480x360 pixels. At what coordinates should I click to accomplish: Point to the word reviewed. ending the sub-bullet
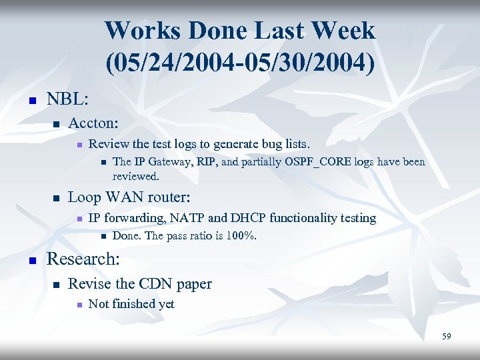point(136,176)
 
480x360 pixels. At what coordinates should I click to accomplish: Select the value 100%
point(243,235)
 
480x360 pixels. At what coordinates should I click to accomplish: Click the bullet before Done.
point(103,236)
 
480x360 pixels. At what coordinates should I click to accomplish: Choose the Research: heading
point(83,258)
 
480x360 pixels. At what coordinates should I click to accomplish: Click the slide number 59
point(446,337)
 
